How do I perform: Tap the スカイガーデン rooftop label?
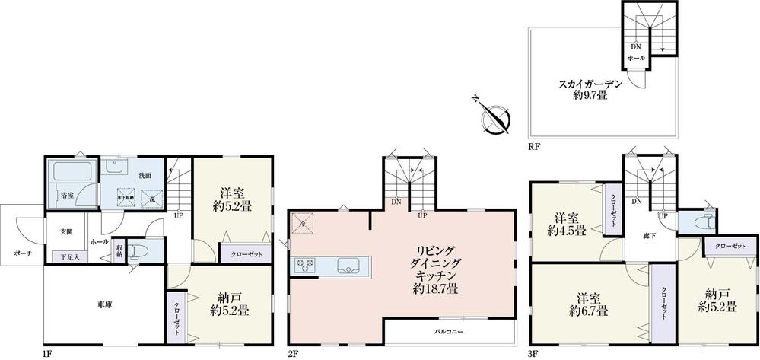click(x=590, y=89)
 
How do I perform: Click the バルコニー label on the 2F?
click(x=450, y=332)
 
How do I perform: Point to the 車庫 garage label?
click(x=104, y=304)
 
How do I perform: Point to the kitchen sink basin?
click(x=351, y=266)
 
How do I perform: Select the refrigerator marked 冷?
click(x=303, y=224)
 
